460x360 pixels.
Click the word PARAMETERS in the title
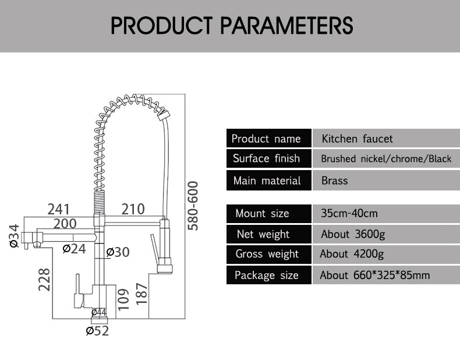click(286, 25)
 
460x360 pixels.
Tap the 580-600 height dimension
click(193, 206)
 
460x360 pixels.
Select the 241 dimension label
click(59, 210)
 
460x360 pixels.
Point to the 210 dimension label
click(133, 210)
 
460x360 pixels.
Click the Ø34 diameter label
click(14, 237)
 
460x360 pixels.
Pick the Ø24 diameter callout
click(74, 249)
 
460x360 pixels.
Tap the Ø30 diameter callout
click(118, 252)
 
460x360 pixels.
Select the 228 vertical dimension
click(44, 279)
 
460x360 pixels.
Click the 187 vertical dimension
click(142, 294)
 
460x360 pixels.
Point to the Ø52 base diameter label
click(97, 331)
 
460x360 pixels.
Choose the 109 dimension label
click(123, 299)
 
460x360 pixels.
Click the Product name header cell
click(269, 138)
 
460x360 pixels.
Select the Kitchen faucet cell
click(386, 138)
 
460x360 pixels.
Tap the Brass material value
click(334, 181)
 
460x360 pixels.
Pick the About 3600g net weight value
click(353, 234)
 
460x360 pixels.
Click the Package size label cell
click(269, 275)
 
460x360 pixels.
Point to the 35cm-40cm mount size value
click(349, 213)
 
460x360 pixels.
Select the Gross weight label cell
click(269, 254)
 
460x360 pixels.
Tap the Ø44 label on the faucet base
click(99, 312)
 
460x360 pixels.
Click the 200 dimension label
click(65, 224)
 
